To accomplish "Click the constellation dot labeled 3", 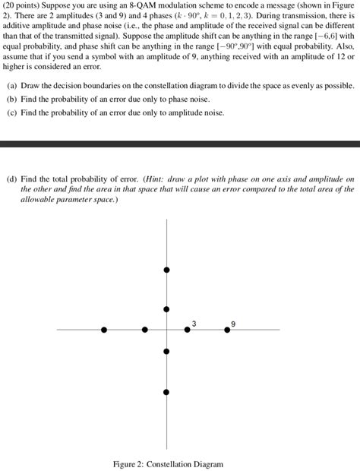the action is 188,329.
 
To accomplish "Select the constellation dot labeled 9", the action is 227,329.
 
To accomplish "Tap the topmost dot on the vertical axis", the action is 166,270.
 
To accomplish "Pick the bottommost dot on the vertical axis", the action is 166,390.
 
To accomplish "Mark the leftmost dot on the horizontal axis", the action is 104,330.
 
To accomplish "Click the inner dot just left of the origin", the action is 146,330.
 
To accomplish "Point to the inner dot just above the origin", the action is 166,309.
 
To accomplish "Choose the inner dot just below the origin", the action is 166,350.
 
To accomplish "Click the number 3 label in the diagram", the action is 194,323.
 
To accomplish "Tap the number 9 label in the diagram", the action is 233,323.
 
